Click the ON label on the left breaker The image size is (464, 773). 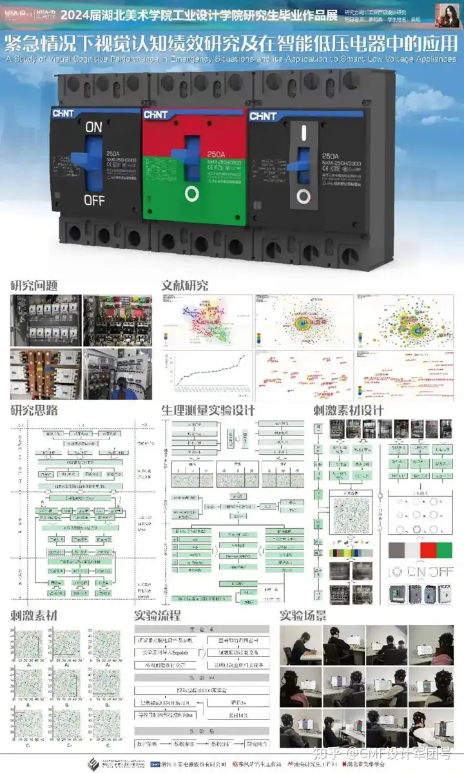(x=94, y=128)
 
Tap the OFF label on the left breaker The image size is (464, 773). (x=94, y=200)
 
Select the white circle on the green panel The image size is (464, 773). (x=193, y=193)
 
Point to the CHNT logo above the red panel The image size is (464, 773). (x=160, y=115)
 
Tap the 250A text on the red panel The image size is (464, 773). (x=216, y=155)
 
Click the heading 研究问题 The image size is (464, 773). (x=34, y=285)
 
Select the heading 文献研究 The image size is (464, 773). (x=185, y=285)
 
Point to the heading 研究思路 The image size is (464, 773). (x=34, y=410)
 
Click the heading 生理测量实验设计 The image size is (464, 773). (x=208, y=410)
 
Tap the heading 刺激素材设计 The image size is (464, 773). (x=348, y=410)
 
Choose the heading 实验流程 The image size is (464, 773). (x=157, y=615)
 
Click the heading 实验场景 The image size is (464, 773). (x=303, y=615)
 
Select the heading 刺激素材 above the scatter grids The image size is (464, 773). (x=34, y=615)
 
